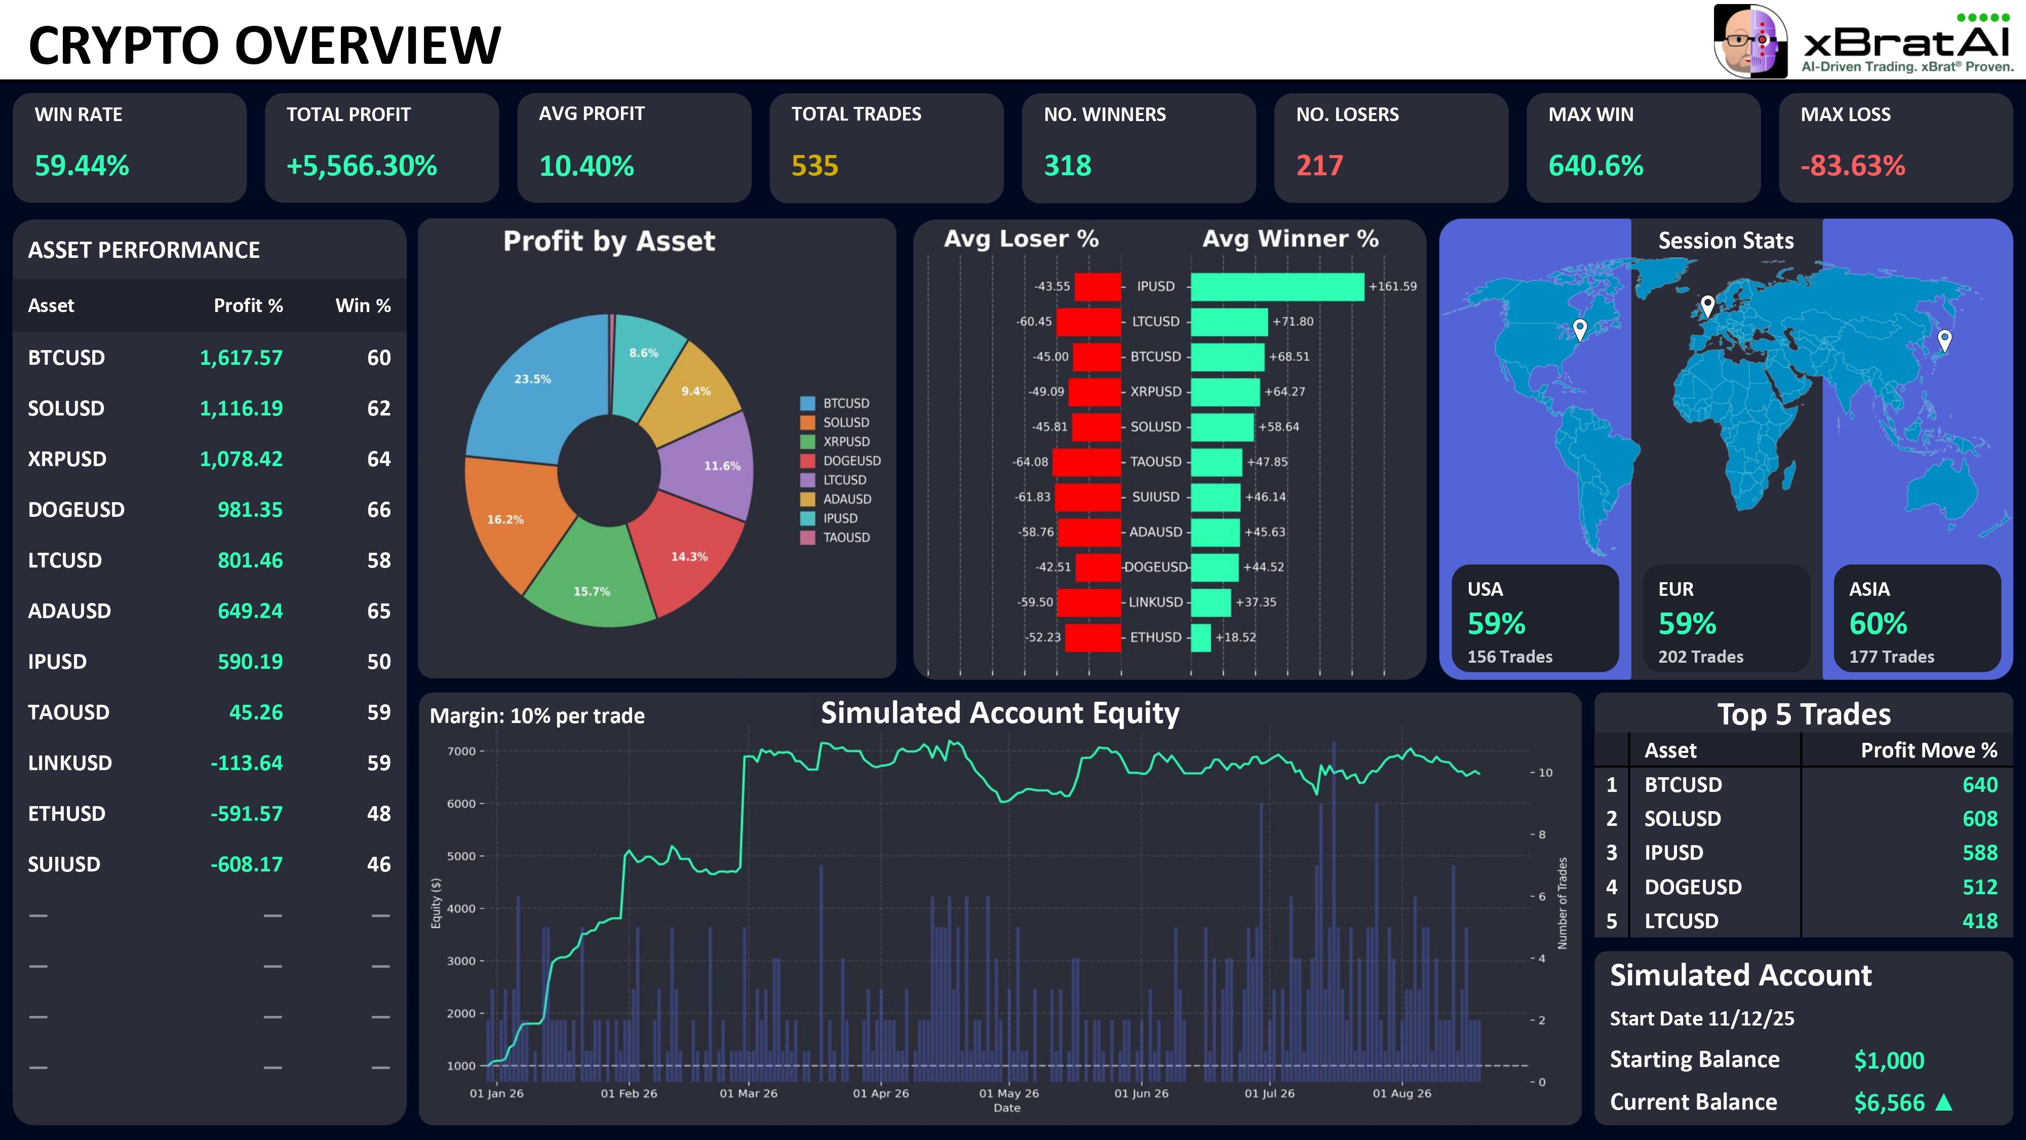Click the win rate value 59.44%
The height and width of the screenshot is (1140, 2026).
tap(82, 166)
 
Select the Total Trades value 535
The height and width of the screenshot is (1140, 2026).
tap(815, 166)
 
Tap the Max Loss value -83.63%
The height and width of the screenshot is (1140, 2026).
tap(1853, 166)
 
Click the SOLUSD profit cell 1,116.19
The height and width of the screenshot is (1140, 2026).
tap(241, 408)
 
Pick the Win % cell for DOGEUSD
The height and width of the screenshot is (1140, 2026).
tap(379, 510)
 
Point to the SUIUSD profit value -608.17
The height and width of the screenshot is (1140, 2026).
tap(246, 865)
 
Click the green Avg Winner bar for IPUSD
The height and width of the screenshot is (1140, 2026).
tap(1277, 286)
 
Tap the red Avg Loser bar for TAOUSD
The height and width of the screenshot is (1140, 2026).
tap(1086, 462)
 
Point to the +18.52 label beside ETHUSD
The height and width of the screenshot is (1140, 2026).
tap(1235, 637)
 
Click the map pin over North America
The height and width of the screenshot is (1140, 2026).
tap(1579, 328)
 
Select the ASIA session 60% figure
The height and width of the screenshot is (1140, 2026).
tap(1878, 624)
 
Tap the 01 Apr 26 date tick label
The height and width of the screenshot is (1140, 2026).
tap(881, 1093)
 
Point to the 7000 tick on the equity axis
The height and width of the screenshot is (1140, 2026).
tap(461, 751)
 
